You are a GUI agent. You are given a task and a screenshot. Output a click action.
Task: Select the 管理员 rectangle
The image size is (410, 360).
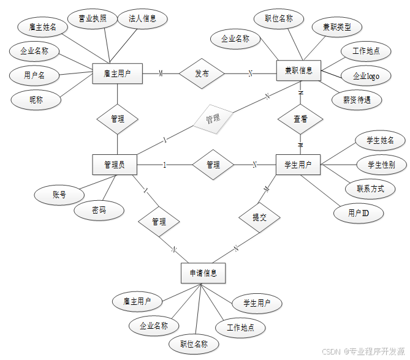[115, 165]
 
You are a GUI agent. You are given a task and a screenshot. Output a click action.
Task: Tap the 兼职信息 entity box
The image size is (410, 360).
[298, 70]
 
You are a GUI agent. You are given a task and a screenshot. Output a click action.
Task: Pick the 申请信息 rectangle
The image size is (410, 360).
[203, 273]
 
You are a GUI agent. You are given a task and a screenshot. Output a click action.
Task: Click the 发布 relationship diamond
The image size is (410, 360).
[202, 73]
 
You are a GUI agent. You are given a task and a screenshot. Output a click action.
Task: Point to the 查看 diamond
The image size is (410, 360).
[300, 119]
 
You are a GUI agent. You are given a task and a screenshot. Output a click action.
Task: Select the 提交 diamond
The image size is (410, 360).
[259, 217]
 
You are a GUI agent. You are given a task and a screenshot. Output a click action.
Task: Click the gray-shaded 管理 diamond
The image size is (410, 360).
[213, 118]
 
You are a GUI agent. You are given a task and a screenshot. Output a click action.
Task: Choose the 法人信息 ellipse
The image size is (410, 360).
[143, 18]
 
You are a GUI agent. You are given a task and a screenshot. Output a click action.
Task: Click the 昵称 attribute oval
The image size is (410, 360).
[36, 99]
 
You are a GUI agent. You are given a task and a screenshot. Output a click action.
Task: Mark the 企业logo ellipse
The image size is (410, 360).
[366, 76]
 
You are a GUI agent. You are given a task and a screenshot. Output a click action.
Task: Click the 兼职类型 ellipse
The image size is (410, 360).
[336, 28]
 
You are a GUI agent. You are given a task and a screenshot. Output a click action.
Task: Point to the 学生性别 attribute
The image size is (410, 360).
[381, 164]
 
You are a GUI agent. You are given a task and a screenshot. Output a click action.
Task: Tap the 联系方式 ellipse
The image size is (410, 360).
[366, 189]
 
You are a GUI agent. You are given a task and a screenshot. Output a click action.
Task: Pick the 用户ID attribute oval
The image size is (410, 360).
[358, 213]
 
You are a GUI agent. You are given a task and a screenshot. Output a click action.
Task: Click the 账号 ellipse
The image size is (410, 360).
[59, 195]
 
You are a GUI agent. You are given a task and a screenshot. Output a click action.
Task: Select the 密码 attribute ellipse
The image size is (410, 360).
[99, 210]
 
